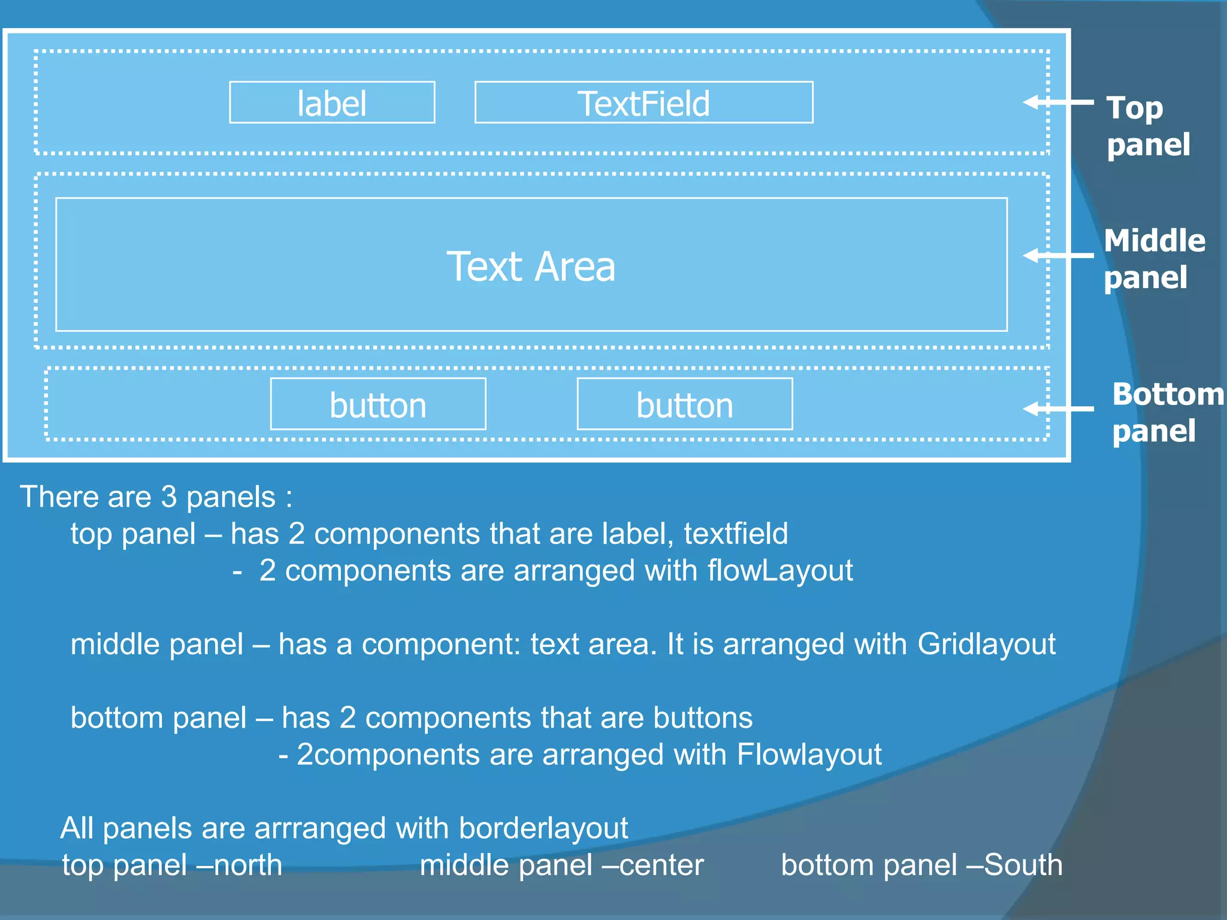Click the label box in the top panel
(332, 102)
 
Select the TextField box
(643, 102)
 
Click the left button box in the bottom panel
(378, 404)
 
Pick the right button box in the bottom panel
(684, 404)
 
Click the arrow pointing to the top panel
(1058, 102)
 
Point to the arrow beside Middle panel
(1058, 256)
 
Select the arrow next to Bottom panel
(1058, 409)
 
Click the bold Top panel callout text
(1147, 126)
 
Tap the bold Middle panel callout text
(1154, 259)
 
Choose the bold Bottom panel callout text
(1167, 412)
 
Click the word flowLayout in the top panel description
(780, 570)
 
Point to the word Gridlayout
(986, 644)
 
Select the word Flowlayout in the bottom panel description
(809, 754)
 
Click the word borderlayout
(543, 828)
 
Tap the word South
(1023, 865)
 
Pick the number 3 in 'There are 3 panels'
(170, 497)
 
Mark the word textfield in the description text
(736, 534)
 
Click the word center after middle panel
(661, 865)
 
